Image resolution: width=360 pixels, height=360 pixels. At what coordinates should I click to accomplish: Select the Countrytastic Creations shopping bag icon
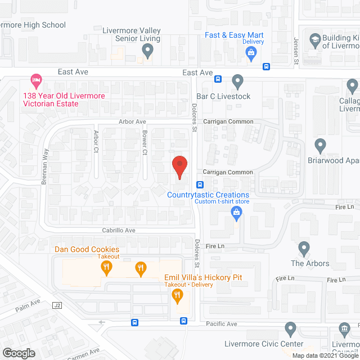point(237,211)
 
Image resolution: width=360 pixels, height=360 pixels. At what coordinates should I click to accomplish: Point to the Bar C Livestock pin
point(237,82)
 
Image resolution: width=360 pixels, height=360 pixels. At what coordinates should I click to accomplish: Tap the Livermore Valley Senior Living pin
point(147,51)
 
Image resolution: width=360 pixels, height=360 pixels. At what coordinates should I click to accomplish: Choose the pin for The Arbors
point(304,247)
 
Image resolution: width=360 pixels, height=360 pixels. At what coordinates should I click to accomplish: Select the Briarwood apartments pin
point(321,145)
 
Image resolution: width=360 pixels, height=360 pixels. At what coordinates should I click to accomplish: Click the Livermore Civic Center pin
point(290,328)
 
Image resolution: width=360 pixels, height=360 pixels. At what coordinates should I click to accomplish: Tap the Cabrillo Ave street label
point(119,230)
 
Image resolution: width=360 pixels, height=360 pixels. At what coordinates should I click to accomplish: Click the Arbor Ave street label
point(132,121)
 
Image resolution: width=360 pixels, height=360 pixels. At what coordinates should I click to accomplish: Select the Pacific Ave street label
point(222,324)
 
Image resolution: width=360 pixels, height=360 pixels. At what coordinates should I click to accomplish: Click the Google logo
point(19,353)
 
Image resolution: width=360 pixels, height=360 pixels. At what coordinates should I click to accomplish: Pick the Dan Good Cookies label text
point(87,249)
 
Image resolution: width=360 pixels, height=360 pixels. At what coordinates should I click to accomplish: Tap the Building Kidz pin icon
point(314,39)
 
